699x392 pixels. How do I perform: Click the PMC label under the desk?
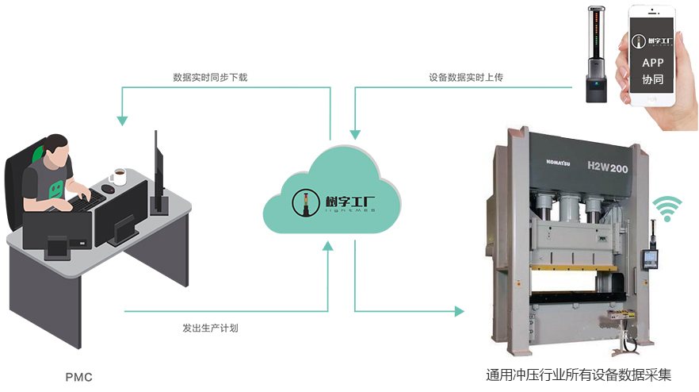tap(78, 376)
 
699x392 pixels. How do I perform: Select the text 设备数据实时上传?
tap(466, 78)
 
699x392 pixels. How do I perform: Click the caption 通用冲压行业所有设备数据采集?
tap(583, 375)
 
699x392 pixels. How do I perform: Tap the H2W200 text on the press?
tap(608, 167)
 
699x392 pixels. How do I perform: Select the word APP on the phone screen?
tap(651, 63)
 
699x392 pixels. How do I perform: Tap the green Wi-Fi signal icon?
tap(667, 209)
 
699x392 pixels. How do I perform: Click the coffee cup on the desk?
tap(119, 176)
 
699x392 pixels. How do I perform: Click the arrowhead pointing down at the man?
tap(122, 121)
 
